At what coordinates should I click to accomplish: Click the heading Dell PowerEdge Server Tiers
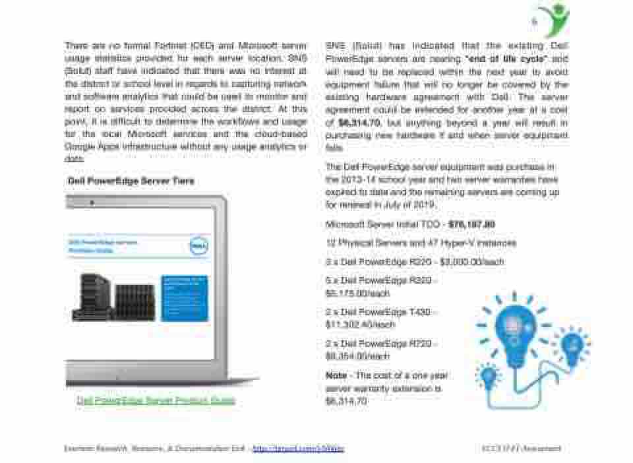(131, 181)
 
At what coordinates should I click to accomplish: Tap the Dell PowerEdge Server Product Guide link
(156, 400)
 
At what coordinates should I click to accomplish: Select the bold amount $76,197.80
(471, 224)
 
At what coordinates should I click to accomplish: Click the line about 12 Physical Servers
(421, 243)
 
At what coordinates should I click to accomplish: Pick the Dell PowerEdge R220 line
(415, 262)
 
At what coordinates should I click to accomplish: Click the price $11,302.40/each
(360, 324)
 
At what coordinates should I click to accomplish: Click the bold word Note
(336, 375)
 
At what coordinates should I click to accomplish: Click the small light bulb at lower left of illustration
(489, 377)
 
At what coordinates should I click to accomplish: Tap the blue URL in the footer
(298, 448)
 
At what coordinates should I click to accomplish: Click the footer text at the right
(521, 448)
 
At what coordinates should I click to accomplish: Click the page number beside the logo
(534, 22)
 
